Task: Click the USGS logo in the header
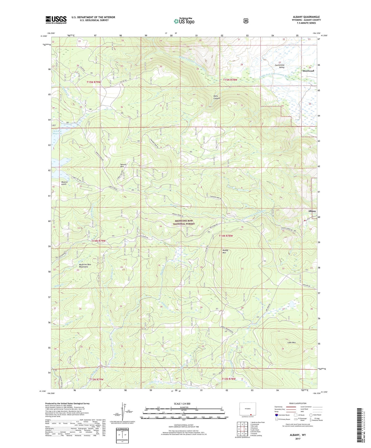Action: click(56, 20)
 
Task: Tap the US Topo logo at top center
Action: click(184, 21)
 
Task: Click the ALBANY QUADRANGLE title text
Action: click(306, 17)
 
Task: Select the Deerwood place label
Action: click(308, 71)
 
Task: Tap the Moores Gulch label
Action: click(64, 183)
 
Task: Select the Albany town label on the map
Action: click(312, 211)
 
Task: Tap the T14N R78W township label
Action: click(226, 236)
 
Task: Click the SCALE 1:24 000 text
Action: click(182, 404)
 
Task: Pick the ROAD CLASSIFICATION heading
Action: click(297, 403)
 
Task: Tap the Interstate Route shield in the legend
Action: click(276, 415)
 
